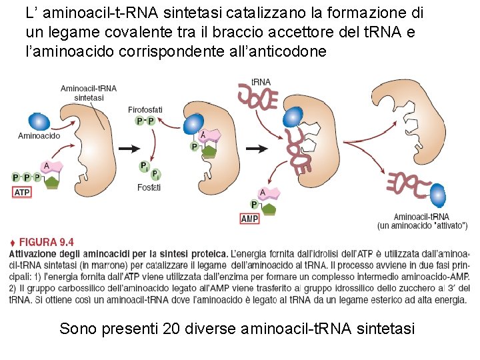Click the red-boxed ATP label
[x=22, y=192]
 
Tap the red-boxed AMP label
[x=249, y=219]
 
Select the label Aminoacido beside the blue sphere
[x=39, y=136]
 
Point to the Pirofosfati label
[x=145, y=109]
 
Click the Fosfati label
[x=149, y=187]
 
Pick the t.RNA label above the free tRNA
[x=261, y=82]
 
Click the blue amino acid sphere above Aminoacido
[x=39, y=121]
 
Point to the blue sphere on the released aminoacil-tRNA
[x=438, y=195]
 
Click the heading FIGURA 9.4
[x=46, y=243]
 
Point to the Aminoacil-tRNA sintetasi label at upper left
[x=88, y=92]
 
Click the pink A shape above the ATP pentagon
[x=52, y=167]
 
